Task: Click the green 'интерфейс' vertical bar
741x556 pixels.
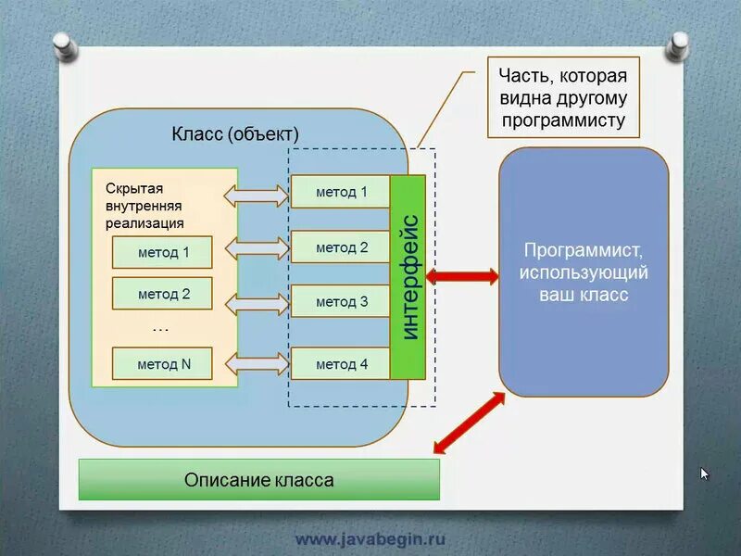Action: click(x=408, y=276)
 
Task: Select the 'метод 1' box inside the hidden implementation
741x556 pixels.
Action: click(x=163, y=252)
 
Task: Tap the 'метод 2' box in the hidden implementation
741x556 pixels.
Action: click(x=163, y=294)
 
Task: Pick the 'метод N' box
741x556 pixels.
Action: click(x=163, y=364)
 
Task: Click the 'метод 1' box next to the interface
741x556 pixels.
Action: click(x=341, y=192)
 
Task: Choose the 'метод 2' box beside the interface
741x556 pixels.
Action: click(x=341, y=247)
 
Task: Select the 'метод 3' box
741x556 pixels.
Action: click(x=341, y=301)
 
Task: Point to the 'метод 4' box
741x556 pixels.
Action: click(x=341, y=364)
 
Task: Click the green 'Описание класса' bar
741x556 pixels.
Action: click(x=258, y=480)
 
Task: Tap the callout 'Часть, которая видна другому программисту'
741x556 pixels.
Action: click(x=563, y=97)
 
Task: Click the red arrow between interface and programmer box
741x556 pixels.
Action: click(x=462, y=275)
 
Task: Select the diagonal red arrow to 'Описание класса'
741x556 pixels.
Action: click(x=470, y=423)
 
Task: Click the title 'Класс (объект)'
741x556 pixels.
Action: click(x=235, y=134)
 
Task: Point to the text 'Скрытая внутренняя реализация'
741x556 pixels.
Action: click(x=144, y=206)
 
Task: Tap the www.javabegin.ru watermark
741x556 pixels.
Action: click(x=370, y=538)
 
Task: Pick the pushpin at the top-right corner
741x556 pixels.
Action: click(x=679, y=42)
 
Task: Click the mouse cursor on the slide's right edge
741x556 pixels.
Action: click(x=704, y=474)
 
